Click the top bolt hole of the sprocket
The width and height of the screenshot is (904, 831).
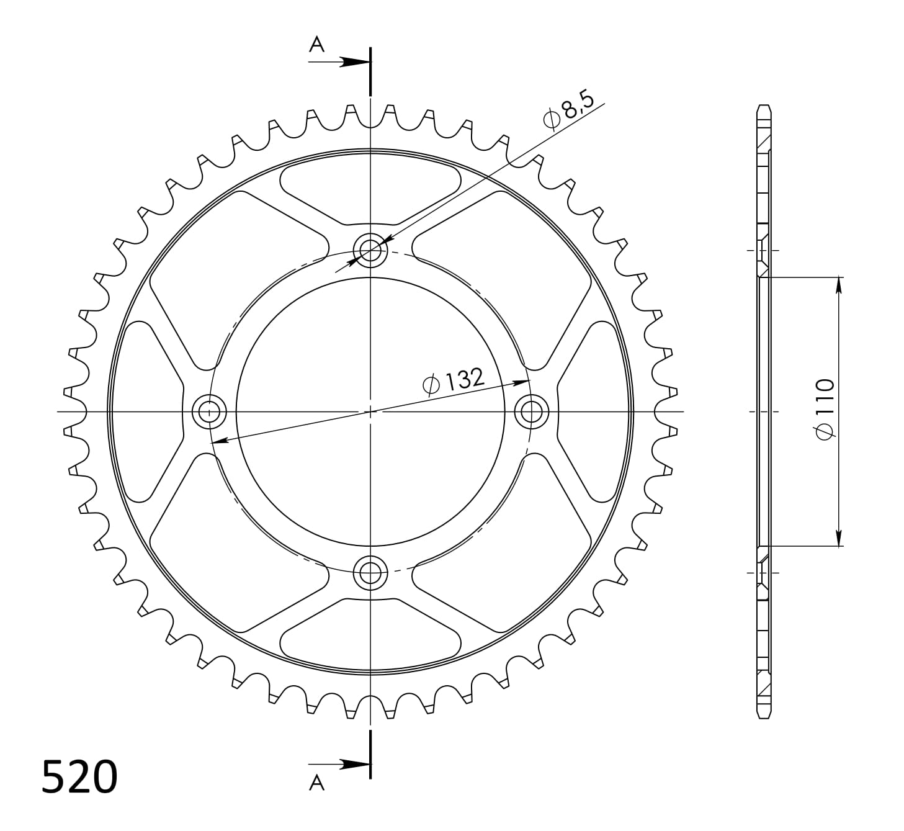point(370,251)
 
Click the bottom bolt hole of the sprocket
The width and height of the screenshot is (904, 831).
point(370,571)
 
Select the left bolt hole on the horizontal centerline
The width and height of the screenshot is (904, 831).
point(210,411)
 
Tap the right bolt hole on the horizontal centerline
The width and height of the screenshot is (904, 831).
point(532,411)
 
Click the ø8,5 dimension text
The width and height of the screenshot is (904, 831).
point(568,110)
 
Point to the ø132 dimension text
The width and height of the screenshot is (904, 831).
point(452,381)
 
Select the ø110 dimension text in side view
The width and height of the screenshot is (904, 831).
point(825,410)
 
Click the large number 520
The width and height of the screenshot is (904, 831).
point(79,776)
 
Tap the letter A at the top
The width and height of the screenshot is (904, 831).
point(317,45)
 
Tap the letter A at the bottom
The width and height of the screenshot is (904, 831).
point(317,784)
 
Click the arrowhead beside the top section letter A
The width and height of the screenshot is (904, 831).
point(356,62)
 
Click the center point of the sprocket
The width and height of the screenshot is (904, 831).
point(370,411)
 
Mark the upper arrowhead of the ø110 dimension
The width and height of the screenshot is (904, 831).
point(838,284)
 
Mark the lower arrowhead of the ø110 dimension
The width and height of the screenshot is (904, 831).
point(838,538)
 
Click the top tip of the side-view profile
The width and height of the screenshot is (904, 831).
point(764,106)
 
